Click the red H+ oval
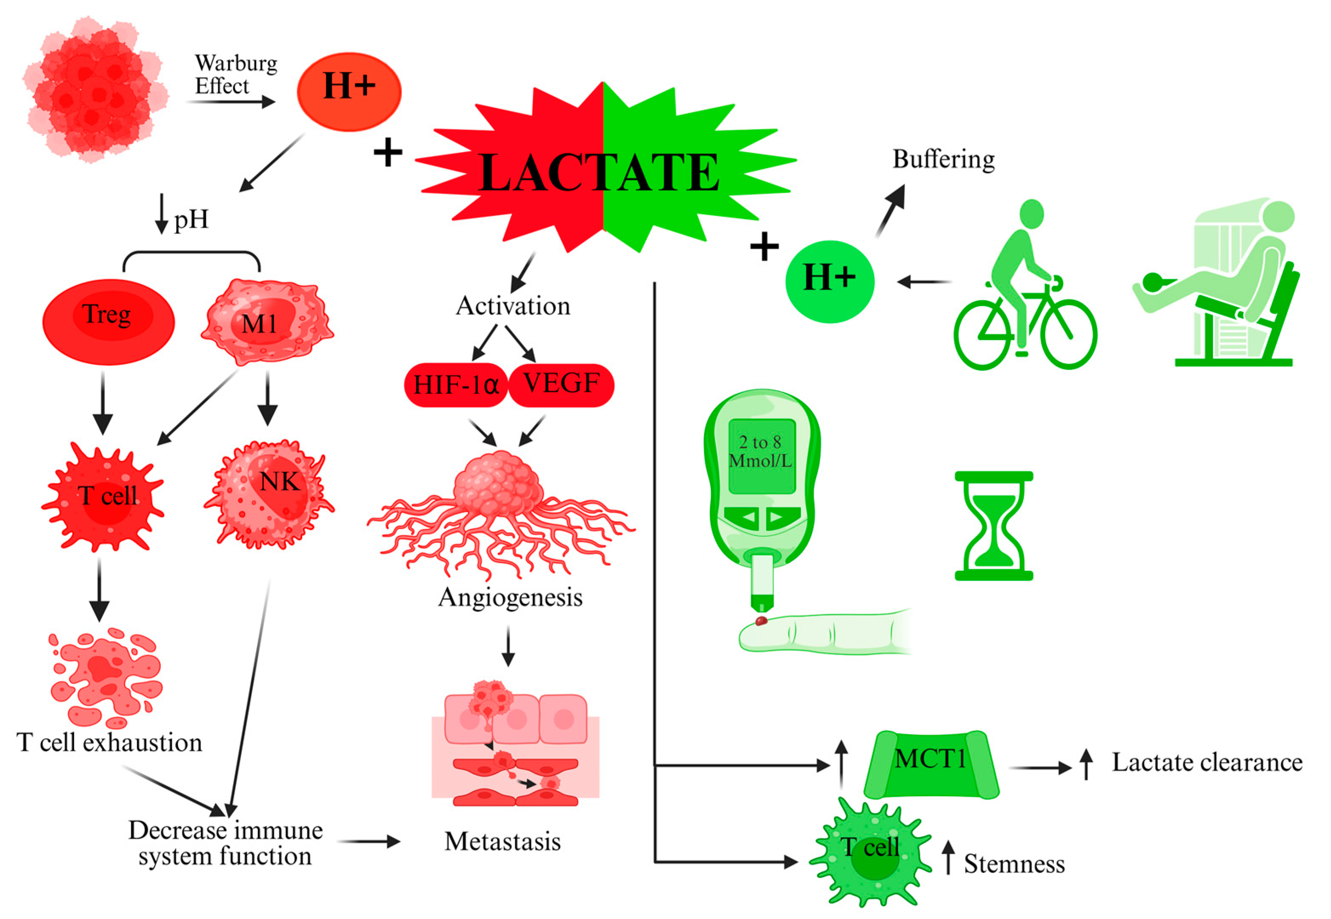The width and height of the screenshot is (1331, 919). coord(349,92)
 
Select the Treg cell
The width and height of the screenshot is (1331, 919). coord(108,322)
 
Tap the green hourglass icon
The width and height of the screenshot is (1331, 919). coord(994,525)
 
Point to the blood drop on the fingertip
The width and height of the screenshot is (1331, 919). coord(761,621)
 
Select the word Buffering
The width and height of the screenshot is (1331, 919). coord(943,159)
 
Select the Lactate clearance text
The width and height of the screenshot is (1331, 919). coord(1207,762)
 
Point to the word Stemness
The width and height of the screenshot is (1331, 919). coord(1014,864)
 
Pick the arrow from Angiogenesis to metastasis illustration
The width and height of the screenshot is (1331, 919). coord(508,645)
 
